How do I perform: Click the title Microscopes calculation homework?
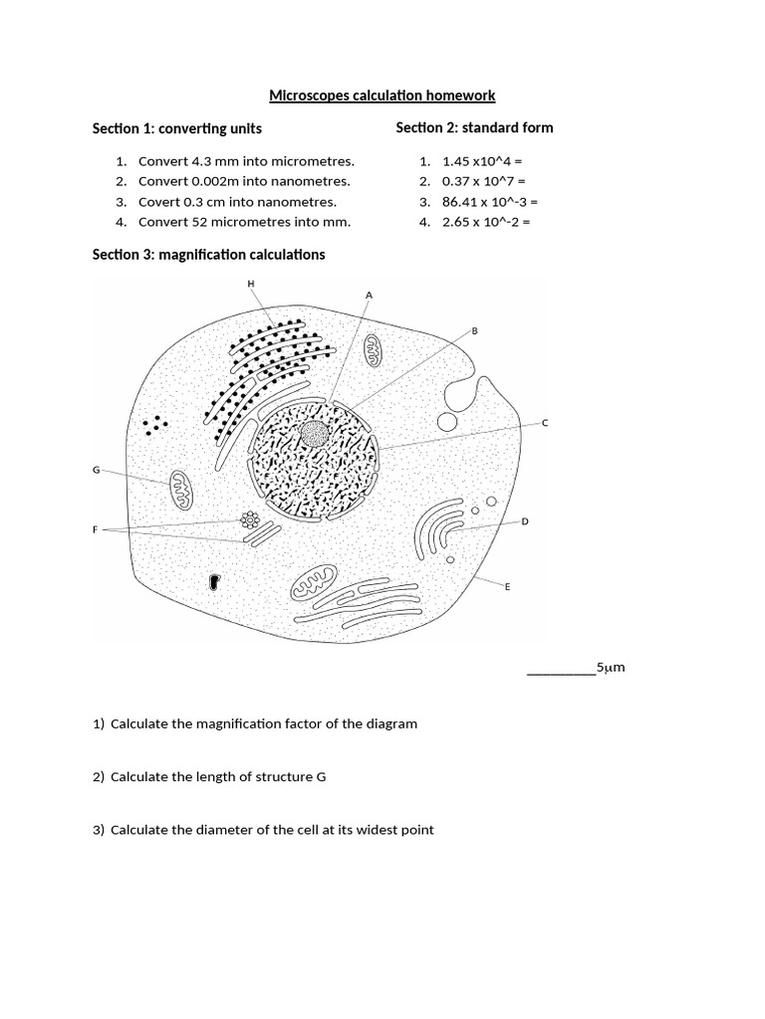pyautogui.click(x=382, y=96)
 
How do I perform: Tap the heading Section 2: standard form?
pyautogui.click(x=474, y=127)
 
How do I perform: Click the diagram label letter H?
pyautogui.click(x=251, y=284)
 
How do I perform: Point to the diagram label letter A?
pyautogui.click(x=369, y=295)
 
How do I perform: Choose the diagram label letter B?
pyautogui.click(x=474, y=329)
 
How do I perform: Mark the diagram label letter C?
pyautogui.click(x=545, y=423)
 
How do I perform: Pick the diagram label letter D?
pyautogui.click(x=525, y=520)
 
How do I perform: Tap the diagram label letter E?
pyautogui.click(x=507, y=587)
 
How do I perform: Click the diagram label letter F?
pyautogui.click(x=96, y=530)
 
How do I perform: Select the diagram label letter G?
pyautogui.click(x=96, y=469)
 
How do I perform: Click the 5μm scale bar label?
pyautogui.click(x=611, y=668)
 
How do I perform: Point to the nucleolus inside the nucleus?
pyautogui.click(x=315, y=434)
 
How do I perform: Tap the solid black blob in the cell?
pyautogui.click(x=213, y=581)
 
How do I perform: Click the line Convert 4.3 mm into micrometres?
pyautogui.click(x=246, y=161)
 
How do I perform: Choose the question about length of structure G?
pyautogui.click(x=217, y=776)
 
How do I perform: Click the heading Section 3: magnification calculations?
pyautogui.click(x=208, y=255)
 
